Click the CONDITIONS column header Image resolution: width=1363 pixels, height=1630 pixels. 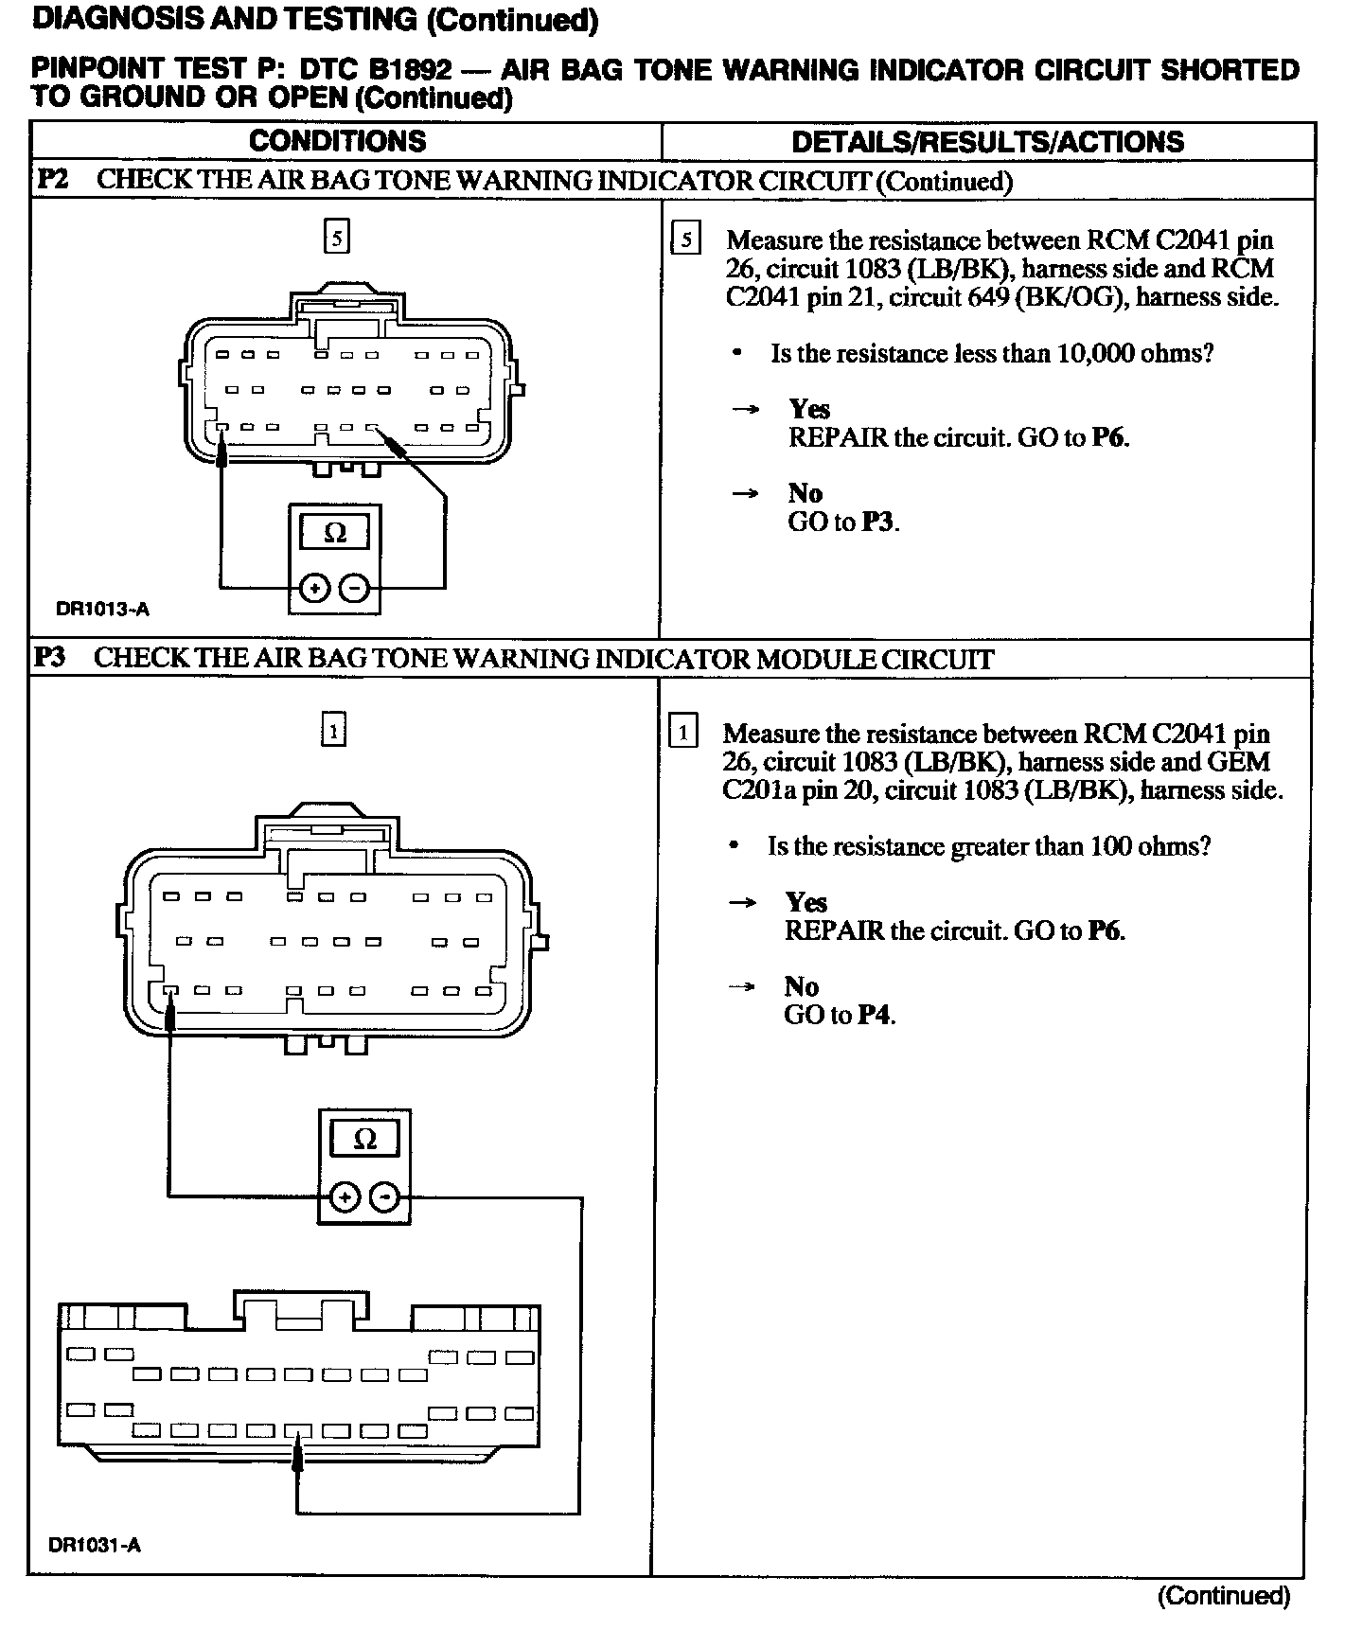(338, 142)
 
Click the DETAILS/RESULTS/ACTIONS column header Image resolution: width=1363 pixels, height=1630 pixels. (987, 142)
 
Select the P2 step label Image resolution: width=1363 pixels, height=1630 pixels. (52, 180)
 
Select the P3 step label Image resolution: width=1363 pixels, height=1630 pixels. (50, 658)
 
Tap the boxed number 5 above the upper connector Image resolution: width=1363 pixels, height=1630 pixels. (336, 237)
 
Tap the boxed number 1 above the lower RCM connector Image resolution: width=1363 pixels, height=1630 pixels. (333, 730)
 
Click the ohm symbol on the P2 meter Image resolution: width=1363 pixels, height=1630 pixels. (335, 534)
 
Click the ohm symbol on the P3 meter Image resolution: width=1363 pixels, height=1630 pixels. (364, 1140)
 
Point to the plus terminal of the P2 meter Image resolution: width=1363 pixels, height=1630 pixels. (313, 589)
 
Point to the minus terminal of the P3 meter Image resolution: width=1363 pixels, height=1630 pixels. (384, 1197)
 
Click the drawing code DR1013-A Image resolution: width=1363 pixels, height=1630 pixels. (102, 610)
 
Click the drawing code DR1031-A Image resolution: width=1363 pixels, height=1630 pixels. (95, 1546)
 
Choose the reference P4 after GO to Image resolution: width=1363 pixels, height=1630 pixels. (875, 1016)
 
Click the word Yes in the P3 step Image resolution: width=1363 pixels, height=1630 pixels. (805, 902)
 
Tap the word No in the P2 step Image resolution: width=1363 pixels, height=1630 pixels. (805, 493)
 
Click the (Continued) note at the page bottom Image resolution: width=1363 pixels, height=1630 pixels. (1224, 1596)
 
